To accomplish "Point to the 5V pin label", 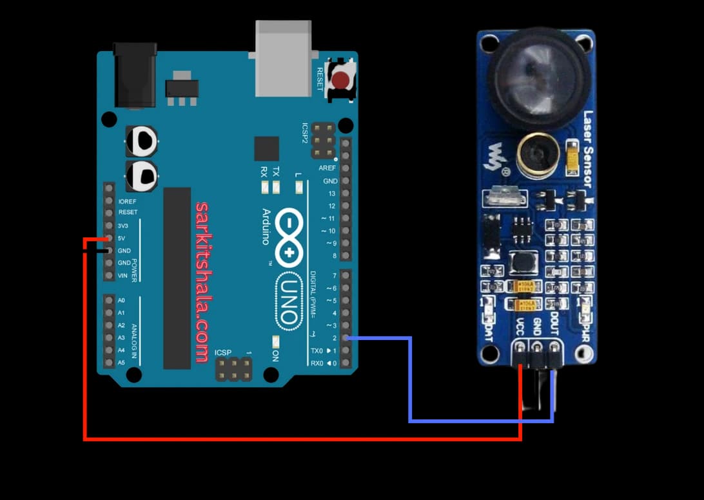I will [123, 239].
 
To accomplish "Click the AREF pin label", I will [327, 168].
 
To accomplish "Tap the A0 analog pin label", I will [121, 301].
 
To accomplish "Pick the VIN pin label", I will [122, 275].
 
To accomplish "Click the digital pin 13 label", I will [331, 194].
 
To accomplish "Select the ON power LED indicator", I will [275, 343].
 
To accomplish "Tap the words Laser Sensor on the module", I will [587, 149].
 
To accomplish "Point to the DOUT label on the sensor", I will [554, 321].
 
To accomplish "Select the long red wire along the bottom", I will [303, 439].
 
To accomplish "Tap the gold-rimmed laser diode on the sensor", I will [536, 154].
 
